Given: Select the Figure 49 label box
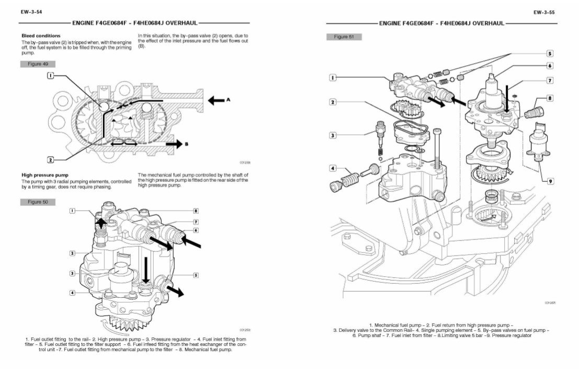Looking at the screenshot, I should pos(38,64).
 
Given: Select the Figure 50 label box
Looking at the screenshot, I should pos(38,202).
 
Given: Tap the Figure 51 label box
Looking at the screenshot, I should pos(344,37).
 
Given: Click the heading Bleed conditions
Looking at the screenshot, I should pos(41,36).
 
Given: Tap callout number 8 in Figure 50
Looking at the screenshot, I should pos(196,211).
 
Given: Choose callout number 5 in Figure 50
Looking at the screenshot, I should pos(196,274).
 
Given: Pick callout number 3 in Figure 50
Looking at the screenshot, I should pos(72,273).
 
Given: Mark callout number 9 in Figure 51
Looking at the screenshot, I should pos(550,181).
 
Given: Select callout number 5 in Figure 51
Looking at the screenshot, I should pos(550,53).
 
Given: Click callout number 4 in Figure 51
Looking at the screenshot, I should pos(333,168).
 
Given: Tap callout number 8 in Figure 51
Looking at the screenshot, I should pos(550,98).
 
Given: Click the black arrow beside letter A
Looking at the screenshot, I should pos(215,99).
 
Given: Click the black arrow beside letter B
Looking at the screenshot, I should pos(174,142).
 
